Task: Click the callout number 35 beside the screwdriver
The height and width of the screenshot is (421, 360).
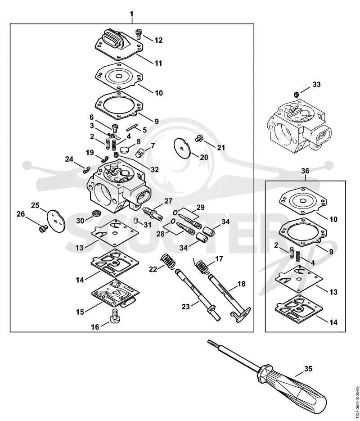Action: pos(309,369)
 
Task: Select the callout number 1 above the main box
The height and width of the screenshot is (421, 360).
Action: pos(132,14)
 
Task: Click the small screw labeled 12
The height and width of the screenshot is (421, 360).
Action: pos(139,34)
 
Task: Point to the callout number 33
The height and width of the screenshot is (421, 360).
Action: pos(316,84)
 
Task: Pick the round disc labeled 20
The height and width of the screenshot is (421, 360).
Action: pos(182,147)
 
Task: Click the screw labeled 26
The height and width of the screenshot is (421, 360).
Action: pos(43,229)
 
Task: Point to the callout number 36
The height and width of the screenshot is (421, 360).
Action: pos(305,171)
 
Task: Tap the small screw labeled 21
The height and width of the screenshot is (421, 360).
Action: pos(199,138)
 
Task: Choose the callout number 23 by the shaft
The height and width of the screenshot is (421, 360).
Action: pos(186,306)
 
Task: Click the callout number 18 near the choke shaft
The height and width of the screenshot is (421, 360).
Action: pos(242,284)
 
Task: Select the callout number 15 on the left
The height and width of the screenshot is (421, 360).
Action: pos(80,312)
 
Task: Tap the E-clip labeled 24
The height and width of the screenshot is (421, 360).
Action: pos(86,170)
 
